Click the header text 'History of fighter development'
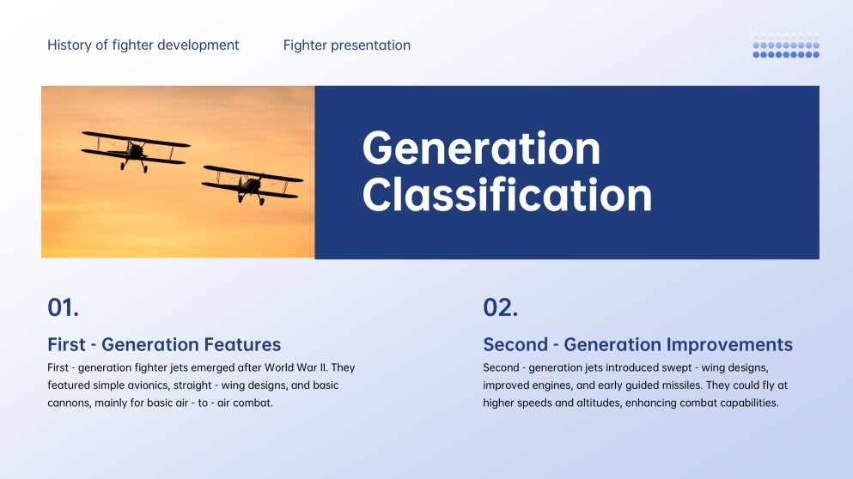pyautogui.click(x=143, y=45)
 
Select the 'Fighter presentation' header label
pyautogui.click(x=346, y=45)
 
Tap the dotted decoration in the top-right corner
pyautogui.click(x=785, y=45)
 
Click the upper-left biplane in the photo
pyautogui.click(x=135, y=149)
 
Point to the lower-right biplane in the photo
pyautogui.click(x=252, y=183)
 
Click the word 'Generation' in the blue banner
pyautogui.click(x=481, y=149)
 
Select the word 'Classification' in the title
pyautogui.click(x=507, y=195)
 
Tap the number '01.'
pyautogui.click(x=63, y=307)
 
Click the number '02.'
pyautogui.click(x=500, y=307)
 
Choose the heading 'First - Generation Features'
pyautogui.click(x=164, y=345)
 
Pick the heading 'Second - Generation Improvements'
pyautogui.click(x=637, y=345)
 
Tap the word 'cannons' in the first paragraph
pyautogui.click(x=69, y=403)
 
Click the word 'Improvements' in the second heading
pyautogui.click(x=729, y=345)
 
